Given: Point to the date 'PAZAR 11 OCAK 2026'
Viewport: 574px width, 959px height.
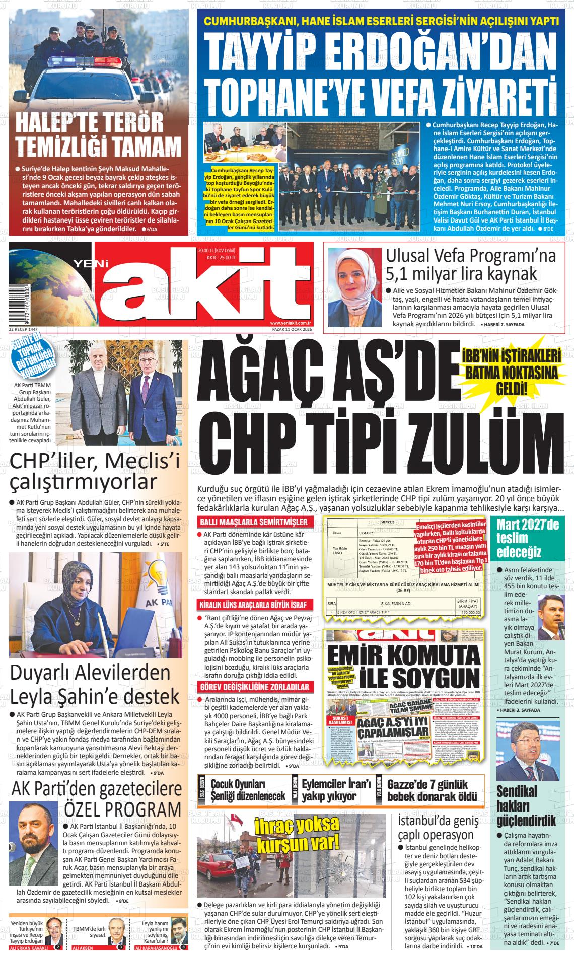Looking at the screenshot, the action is pos(292,329).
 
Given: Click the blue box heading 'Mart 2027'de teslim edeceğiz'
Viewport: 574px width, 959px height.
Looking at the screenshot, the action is pos(528,538).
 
